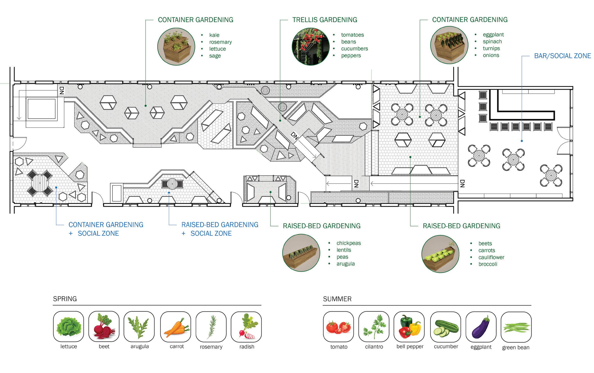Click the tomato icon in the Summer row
tap(338, 327)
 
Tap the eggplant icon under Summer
tap(481, 327)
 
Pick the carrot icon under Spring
tap(176, 327)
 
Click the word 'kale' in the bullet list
tap(214, 35)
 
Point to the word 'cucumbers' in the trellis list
tap(354, 49)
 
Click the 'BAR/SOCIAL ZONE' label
tap(562, 56)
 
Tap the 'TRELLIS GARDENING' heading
tap(324, 20)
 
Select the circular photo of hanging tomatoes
tap(310, 47)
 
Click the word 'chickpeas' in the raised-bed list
tap(348, 243)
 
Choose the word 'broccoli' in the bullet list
tap(488, 264)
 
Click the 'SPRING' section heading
tap(65, 299)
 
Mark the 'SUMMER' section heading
tap(337, 299)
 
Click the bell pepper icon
tap(409, 327)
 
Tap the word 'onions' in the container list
tap(491, 55)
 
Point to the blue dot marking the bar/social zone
tap(522, 141)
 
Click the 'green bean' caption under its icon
tap(516, 348)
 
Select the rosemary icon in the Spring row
tap(211, 327)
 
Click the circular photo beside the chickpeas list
tap(301, 253)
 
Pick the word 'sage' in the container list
tap(215, 56)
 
